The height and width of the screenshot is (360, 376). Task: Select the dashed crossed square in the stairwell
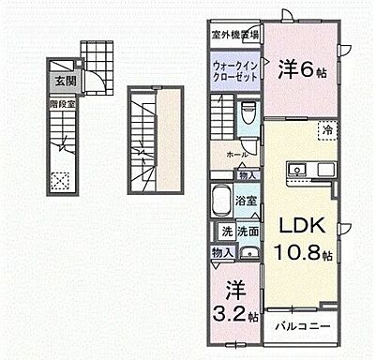tap(59, 179)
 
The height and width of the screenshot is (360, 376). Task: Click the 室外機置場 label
tap(233, 32)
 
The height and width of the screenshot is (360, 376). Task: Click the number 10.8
tap(299, 253)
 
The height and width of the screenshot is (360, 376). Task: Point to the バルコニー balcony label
tap(302, 326)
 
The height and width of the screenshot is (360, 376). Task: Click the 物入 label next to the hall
tap(247, 174)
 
